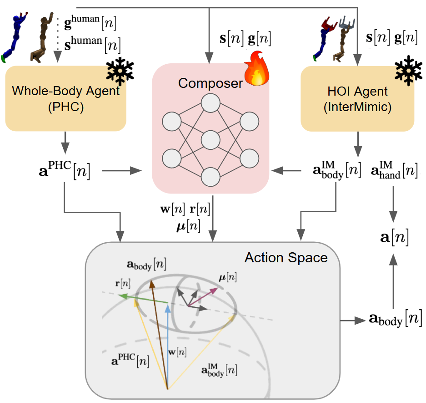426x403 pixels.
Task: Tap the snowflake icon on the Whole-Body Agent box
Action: point(120,71)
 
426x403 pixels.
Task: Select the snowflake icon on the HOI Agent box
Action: point(408,71)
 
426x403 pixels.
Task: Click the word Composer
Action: point(210,83)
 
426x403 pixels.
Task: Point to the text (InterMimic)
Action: point(357,107)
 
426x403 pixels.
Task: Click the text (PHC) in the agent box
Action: point(66,107)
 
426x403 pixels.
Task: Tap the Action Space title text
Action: point(286,258)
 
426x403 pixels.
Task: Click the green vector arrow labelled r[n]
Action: point(144,299)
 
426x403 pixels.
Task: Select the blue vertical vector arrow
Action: point(168,347)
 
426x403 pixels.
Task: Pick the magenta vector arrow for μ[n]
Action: point(203,296)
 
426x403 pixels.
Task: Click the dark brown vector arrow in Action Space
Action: point(160,334)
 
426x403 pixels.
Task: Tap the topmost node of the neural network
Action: point(210,103)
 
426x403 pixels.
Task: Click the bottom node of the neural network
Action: point(210,177)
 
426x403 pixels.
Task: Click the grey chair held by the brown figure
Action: point(347,22)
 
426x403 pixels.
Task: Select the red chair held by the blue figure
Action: point(329,23)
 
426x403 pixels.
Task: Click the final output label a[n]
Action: point(394,237)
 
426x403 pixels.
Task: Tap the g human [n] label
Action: point(90,22)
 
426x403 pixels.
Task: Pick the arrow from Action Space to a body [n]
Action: point(352,320)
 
